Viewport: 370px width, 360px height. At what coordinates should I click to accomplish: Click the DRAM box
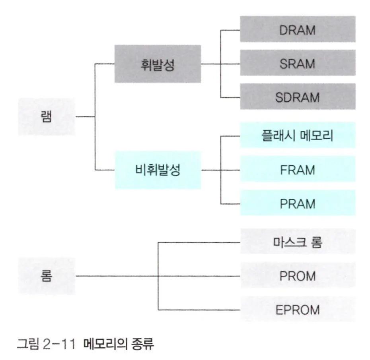click(x=297, y=29)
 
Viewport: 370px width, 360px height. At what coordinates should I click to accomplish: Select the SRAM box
click(x=297, y=63)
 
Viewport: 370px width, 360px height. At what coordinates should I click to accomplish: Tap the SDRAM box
click(x=297, y=97)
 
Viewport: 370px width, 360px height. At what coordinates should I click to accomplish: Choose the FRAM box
click(x=297, y=170)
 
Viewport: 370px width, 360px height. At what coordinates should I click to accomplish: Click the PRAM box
click(x=297, y=203)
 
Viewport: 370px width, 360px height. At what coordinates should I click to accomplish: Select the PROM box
click(x=297, y=276)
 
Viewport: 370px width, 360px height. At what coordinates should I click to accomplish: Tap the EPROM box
click(x=297, y=310)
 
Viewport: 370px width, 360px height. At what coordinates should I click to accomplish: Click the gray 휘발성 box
click(x=158, y=64)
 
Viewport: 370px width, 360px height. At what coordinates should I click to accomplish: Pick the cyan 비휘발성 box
click(x=158, y=170)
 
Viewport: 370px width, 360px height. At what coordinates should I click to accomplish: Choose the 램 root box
click(x=46, y=117)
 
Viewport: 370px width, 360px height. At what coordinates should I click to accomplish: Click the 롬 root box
click(x=46, y=276)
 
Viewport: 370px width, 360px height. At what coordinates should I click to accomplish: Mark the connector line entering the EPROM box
click(x=199, y=310)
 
